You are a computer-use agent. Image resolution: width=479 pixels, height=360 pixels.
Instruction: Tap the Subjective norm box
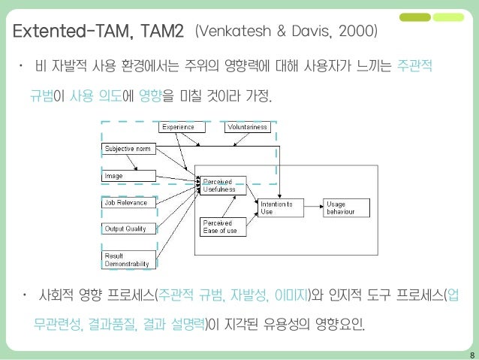128,149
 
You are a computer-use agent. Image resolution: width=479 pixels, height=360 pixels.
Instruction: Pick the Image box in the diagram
128,176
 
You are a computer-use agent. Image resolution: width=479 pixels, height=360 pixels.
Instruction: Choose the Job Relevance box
128,202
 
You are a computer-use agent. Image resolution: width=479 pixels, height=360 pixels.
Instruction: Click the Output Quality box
128,228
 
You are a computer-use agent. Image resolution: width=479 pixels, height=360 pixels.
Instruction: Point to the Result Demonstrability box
128,259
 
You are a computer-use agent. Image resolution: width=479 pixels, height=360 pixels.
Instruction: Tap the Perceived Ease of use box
222,226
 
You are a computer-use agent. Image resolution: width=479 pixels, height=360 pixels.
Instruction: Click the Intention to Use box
280,207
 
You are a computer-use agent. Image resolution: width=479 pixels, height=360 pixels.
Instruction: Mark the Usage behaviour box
347,207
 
